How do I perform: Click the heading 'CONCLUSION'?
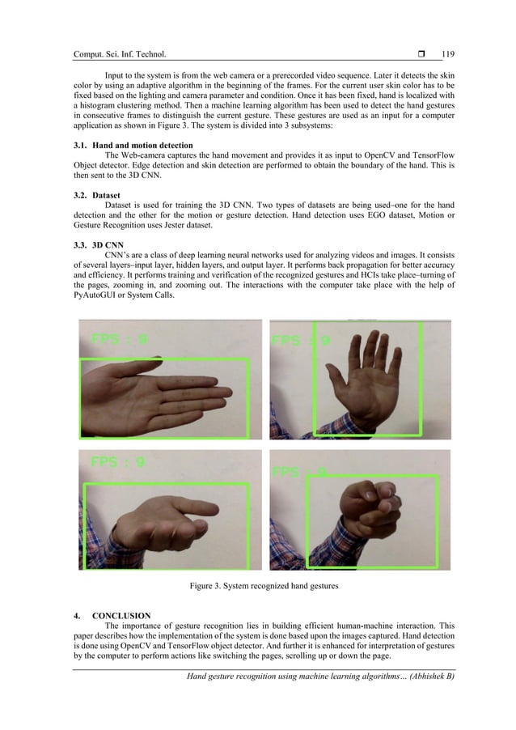click(x=121, y=616)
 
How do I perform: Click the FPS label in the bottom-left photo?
click(x=117, y=463)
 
